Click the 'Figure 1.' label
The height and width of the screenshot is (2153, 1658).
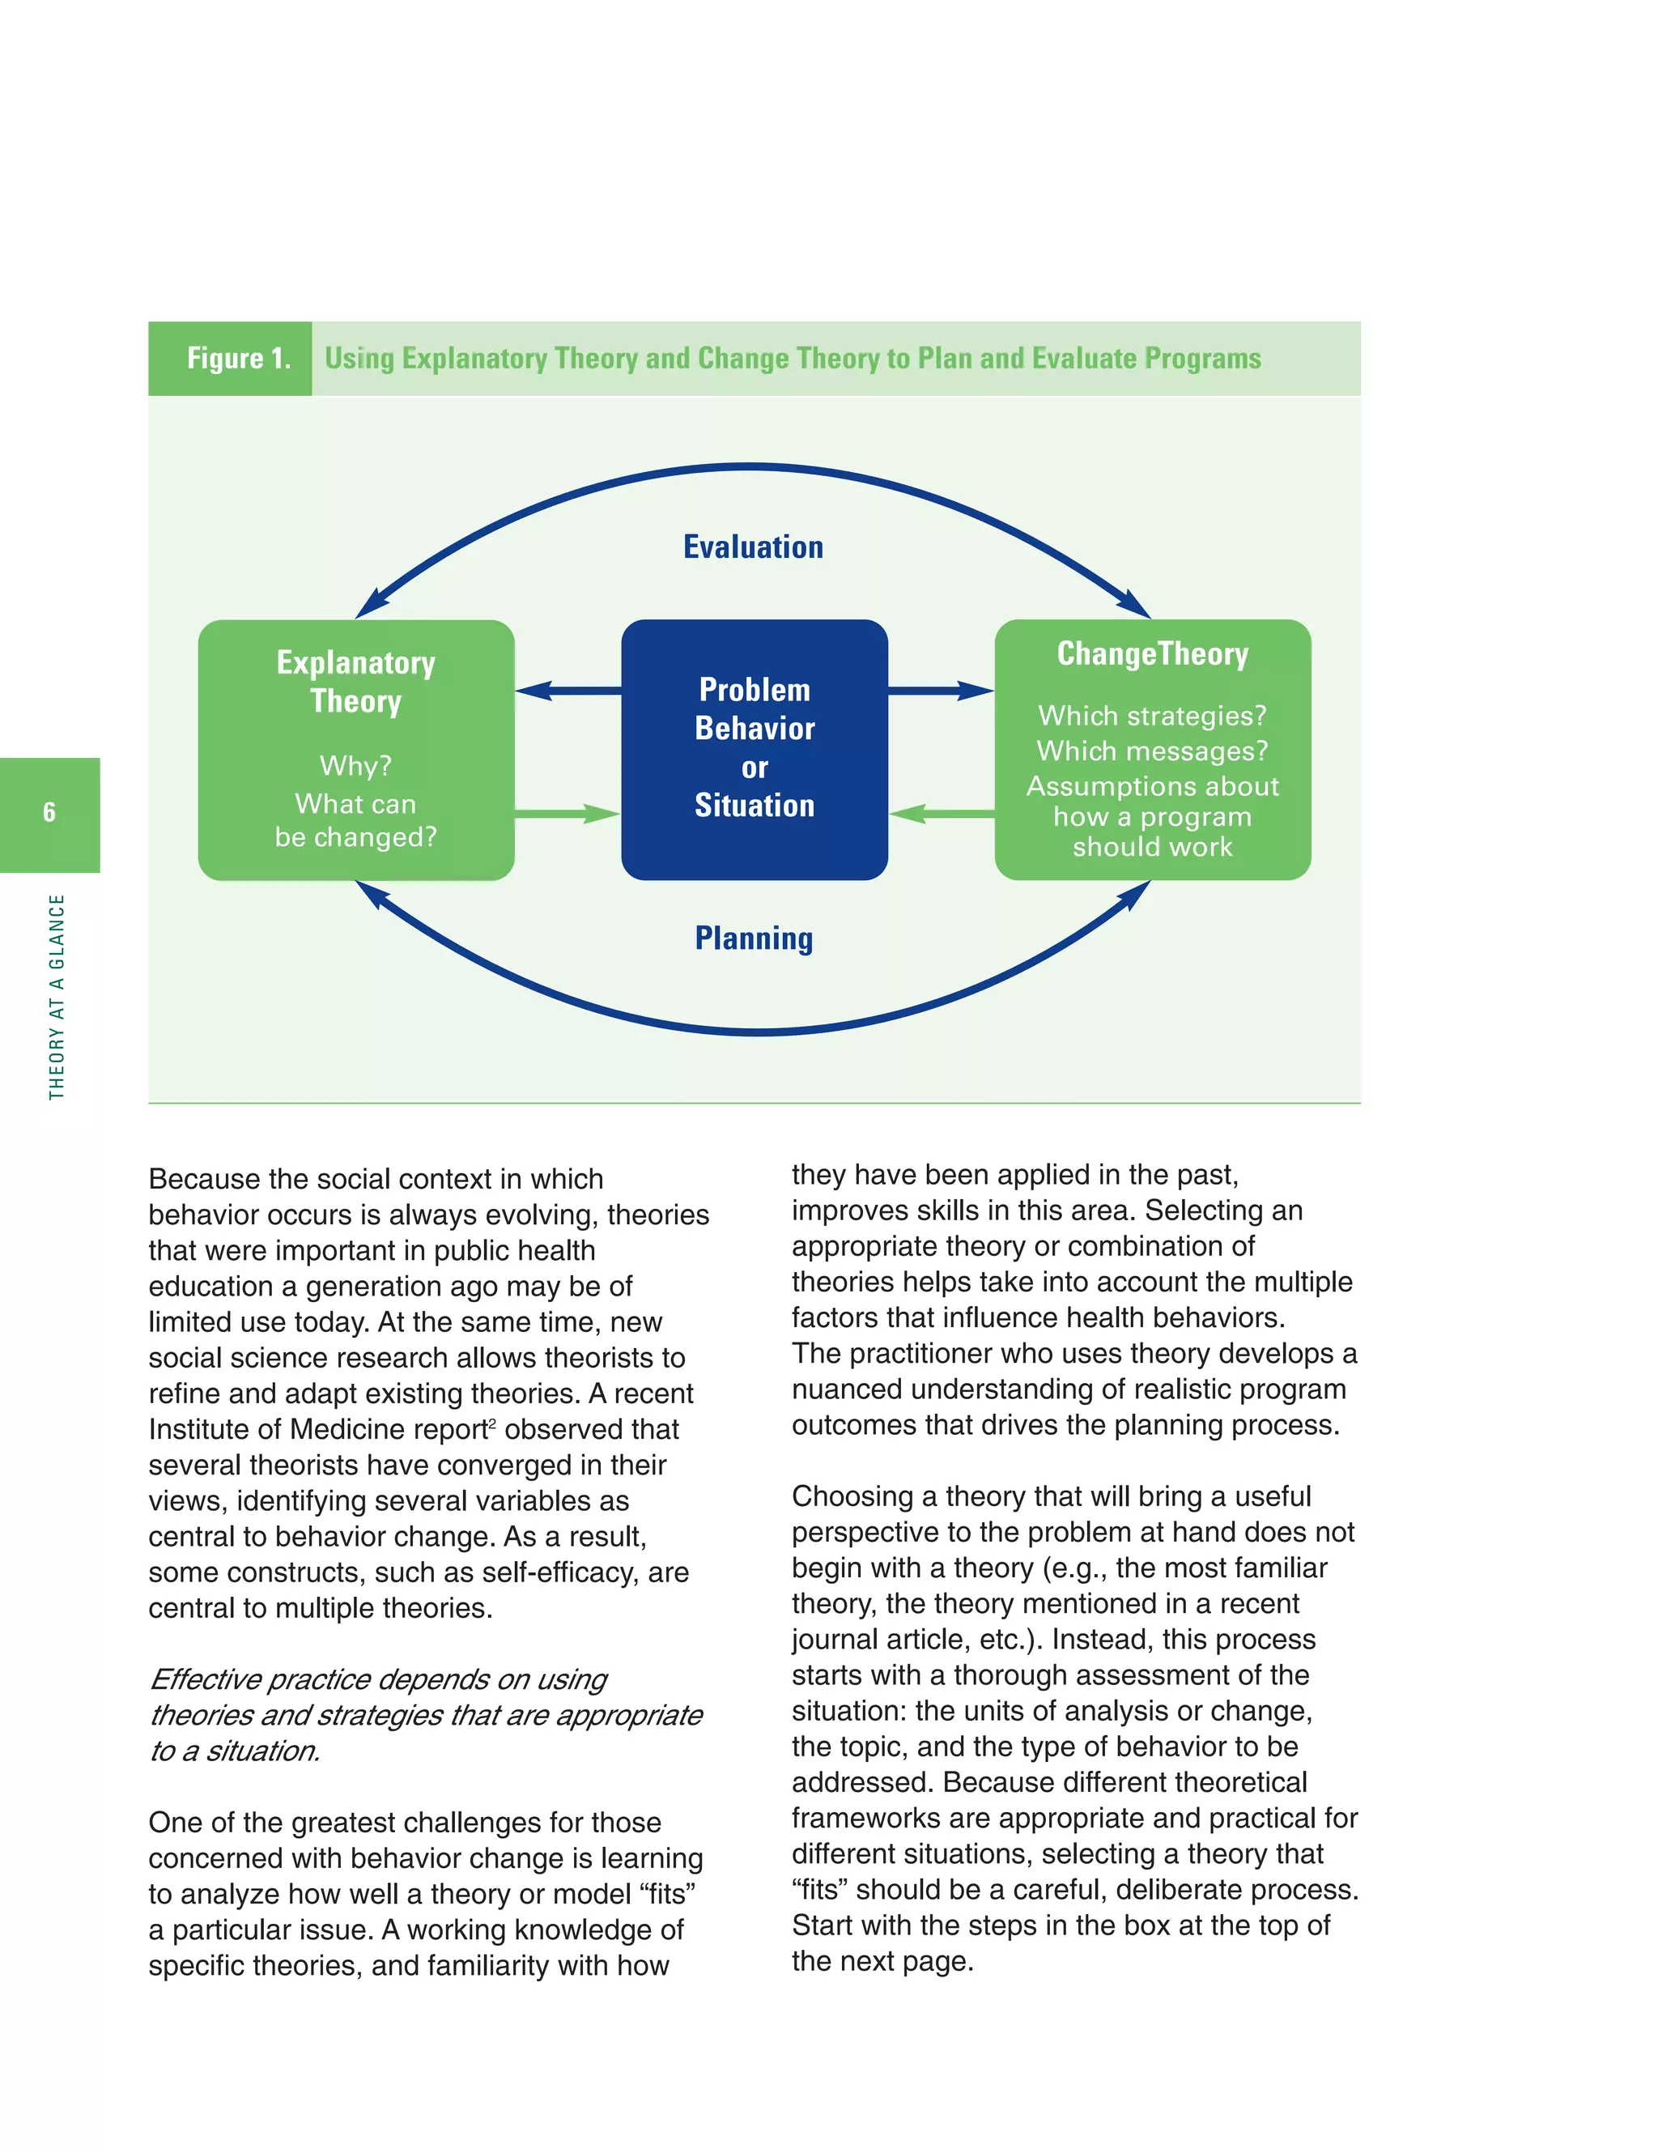[x=239, y=358]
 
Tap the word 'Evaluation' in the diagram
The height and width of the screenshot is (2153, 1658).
[x=753, y=547]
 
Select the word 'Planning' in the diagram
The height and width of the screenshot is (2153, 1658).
[x=753, y=938]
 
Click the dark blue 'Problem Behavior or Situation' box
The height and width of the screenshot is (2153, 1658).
[x=754, y=748]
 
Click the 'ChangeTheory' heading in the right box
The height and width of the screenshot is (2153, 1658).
[x=1152, y=653]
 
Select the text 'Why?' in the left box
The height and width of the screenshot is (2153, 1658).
[x=356, y=766]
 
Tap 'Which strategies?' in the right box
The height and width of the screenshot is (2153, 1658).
[x=1152, y=716]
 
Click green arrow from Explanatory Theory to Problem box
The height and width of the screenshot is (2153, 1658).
[x=567, y=813]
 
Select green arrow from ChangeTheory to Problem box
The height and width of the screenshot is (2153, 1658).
[x=942, y=813]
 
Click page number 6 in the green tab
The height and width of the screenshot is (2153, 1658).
[x=49, y=812]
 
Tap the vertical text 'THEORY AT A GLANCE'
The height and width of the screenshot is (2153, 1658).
[x=57, y=996]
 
